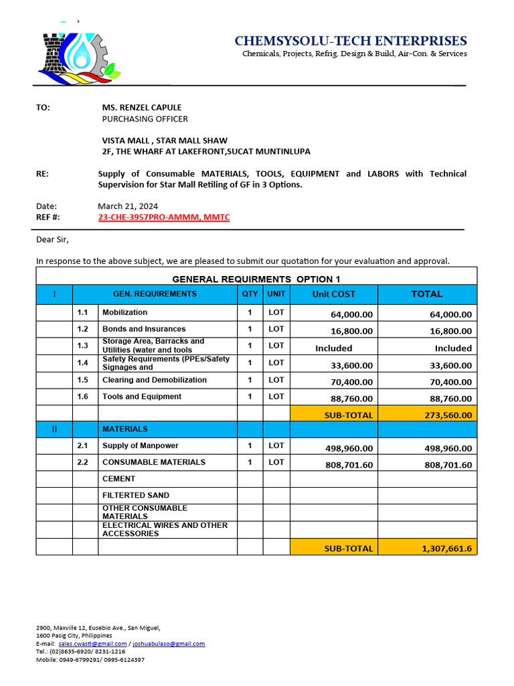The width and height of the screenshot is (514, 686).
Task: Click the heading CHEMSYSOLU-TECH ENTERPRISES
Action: [x=351, y=41]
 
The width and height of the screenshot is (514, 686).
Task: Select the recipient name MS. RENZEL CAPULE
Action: [x=141, y=107]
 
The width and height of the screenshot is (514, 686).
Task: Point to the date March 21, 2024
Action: [x=128, y=206]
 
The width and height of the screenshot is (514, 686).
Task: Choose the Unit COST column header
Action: [x=333, y=294]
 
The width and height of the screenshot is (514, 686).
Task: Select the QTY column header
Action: [x=250, y=294]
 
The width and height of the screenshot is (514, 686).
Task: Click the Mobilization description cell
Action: [x=125, y=312]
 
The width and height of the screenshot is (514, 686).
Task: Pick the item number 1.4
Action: [x=83, y=362]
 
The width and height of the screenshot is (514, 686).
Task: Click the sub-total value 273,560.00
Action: [x=448, y=415]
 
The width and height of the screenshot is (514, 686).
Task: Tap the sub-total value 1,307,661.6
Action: [x=446, y=548]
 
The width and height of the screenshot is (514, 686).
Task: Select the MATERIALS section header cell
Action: [x=125, y=429]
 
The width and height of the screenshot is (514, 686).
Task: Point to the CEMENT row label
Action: [x=118, y=479]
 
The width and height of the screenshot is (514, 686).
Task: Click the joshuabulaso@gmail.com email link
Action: [x=169, y=644]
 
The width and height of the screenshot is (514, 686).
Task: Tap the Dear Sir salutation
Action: [x=52, y=239]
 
